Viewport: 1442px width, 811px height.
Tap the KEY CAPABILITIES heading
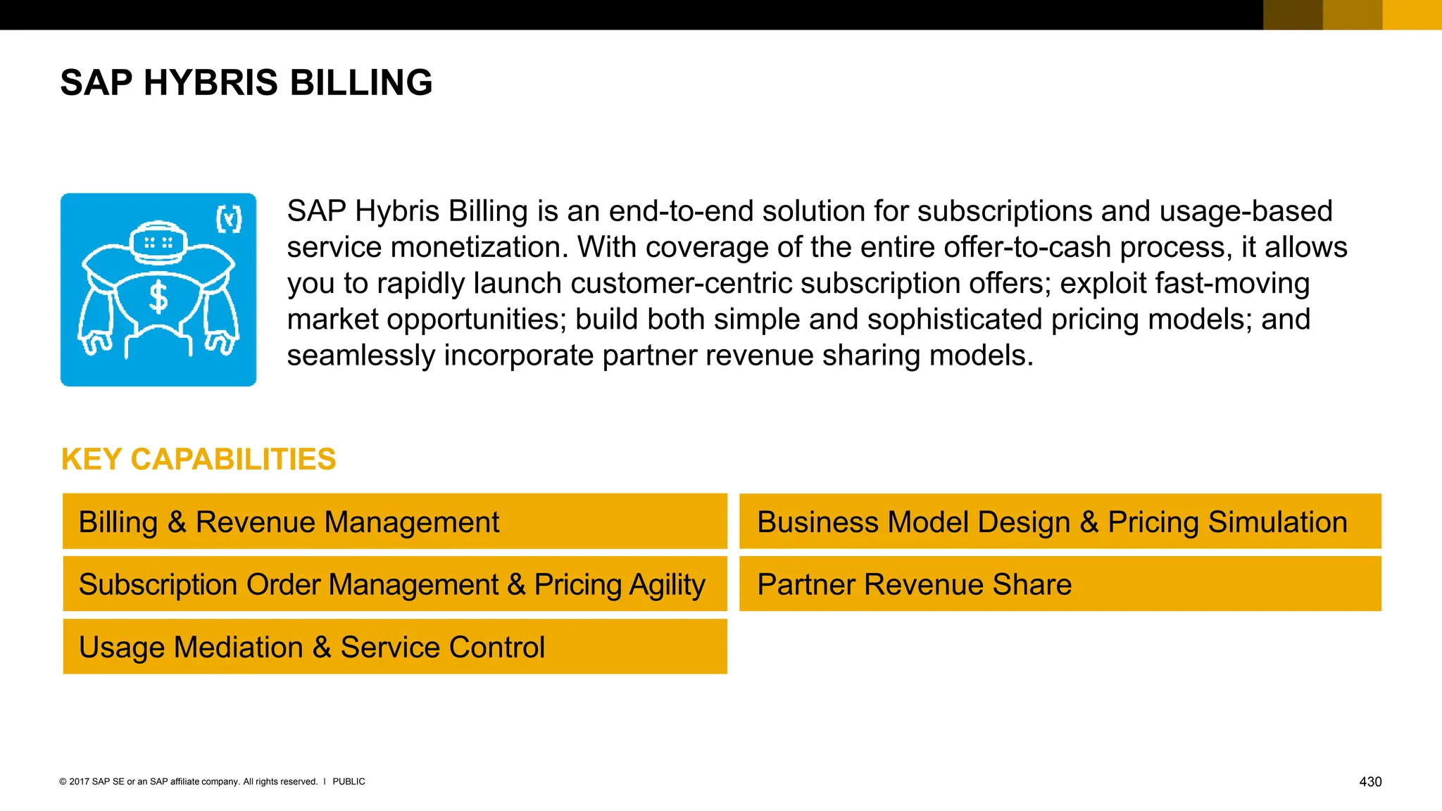[199, 460]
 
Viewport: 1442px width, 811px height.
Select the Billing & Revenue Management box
[394, 522]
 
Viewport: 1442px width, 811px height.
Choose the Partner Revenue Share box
[1060, 584]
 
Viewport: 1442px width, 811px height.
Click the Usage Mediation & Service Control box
[394, 647]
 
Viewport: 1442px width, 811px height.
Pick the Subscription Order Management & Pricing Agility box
[394, 584]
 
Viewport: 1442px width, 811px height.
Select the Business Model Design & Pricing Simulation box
[1060, 522]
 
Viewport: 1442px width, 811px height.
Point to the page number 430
[1369, 782]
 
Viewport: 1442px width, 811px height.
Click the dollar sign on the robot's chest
[159, 296]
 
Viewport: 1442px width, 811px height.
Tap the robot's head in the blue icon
[158, 243]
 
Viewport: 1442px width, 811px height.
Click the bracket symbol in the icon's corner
[229, 220]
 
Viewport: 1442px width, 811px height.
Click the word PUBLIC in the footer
[349, 782]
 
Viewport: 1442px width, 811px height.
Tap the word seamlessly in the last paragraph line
[360, 356]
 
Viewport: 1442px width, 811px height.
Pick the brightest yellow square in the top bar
[1412, 15]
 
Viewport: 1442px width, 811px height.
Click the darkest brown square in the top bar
[1293, 15]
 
